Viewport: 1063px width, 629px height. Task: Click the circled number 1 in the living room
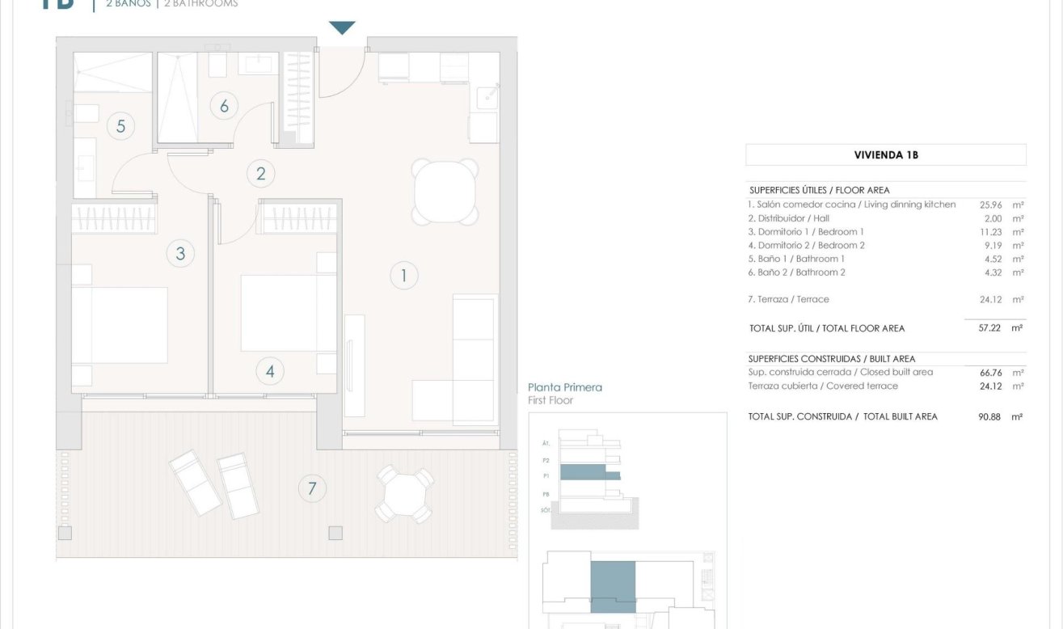pos(403,276)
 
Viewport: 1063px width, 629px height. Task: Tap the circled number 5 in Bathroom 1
pos(120,126)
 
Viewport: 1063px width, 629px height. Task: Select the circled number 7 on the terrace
pos(312,488)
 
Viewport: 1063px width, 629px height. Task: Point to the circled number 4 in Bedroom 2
pos(270,371)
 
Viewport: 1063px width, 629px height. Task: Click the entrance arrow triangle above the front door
pos(342,28)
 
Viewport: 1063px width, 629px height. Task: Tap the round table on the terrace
pos(404,493)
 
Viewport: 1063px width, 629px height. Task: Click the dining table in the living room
pos(444,192)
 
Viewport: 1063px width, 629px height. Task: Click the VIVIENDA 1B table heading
pos(885,154)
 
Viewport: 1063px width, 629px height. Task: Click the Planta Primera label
pos(565,387)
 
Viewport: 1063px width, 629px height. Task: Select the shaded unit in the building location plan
pos(613,586)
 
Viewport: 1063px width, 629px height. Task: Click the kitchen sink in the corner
pos(487,98)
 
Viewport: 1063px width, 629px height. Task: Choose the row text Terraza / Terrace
pos(788,299)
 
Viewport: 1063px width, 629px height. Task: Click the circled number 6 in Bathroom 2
pos(224,105)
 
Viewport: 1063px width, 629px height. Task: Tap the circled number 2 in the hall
pos(260,173)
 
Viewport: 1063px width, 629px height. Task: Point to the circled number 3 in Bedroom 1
pos(180,253)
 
